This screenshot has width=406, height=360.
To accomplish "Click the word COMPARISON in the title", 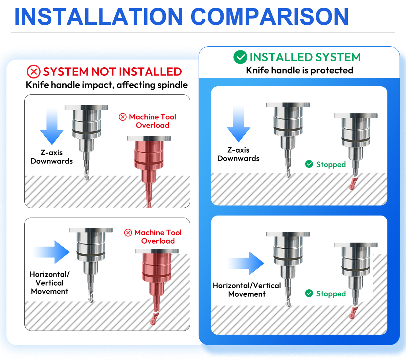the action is click(x=270, y=17).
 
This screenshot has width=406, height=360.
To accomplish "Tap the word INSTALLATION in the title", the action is click(x=98, y=17).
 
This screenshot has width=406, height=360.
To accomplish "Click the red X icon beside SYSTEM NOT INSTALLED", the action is click(x=34, y=71).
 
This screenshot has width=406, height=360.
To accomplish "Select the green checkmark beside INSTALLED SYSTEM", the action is click(x=240, y=57).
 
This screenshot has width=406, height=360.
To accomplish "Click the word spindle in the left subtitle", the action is click(x=173, y=85).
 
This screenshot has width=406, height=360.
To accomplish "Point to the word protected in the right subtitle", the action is click(x=332, y=71).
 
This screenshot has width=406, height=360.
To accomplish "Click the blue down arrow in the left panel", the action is click(x=52, y=126).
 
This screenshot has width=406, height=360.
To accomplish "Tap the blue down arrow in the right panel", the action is click(x=239, y=123).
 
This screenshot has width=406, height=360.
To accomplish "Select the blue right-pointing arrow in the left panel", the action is click(x=52, y=252).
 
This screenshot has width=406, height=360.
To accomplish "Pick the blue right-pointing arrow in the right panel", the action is click(x=246, y=263).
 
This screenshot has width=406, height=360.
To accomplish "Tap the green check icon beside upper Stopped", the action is click(x=309, y=164).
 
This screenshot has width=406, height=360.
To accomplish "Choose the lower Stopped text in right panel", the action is click(x=331, y=294).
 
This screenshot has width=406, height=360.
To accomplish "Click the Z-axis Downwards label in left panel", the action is click(x=52, y=157).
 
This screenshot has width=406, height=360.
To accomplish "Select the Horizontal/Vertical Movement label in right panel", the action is click(x=247, y=290).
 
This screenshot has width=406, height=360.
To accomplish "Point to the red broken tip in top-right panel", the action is click(x=353, y=183).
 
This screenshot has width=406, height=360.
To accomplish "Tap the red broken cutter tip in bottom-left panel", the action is click(x=154, y=318).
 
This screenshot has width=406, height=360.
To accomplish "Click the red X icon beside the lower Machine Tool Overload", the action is click(x=128, y=233).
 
